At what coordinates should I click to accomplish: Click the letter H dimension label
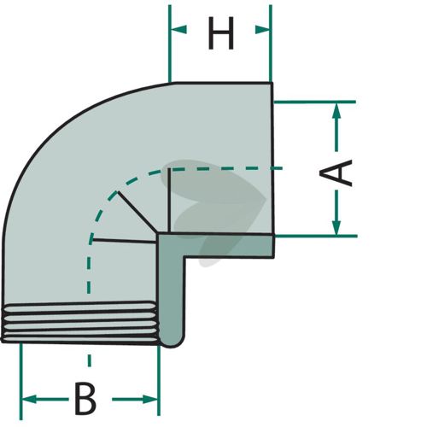pyautogui.click(x=221, y=33)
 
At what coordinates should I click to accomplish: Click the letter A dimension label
pyautogui.click(x=336, y=173)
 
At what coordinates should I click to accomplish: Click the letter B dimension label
pyautogui.click(x=85, y=399)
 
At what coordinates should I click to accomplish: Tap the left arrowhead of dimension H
pyautogui.click(x=178, y=29)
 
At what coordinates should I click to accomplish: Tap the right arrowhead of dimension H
pyautogui.click(x=262, y=30)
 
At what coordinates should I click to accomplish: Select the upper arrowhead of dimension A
pyautogui.click(x=336, y=111)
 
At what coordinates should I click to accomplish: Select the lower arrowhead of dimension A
pyautogui.click(x=336, y=227)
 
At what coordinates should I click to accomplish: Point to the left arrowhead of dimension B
pyautogui.click(x=29, y=399)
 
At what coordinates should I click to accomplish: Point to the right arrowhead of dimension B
pyautogui.click(x=150, y=399)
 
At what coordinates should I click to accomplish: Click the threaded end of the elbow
pyautogui.click(x=79, y=323)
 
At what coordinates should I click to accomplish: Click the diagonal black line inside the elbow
pyautogui.click(x=137, y=213)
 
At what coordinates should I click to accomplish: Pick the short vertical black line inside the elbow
pyautogui.click(x=169, y=200)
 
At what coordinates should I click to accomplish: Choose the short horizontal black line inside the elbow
pyautogui.click(x=124, y=241)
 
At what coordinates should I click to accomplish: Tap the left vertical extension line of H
pyautogui.click(x=170, y=44)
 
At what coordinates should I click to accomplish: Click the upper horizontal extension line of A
pyautogui.click(x=315, y=102)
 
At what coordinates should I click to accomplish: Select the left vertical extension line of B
pyautogui.click(x=20, y=382)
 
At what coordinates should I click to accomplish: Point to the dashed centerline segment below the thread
pyautogui.click(x=90, y=360)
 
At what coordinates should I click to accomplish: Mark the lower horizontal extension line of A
pyautogui.click(x=316, y=236)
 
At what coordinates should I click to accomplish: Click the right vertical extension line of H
pyautogui.click(x=271, y=44)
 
